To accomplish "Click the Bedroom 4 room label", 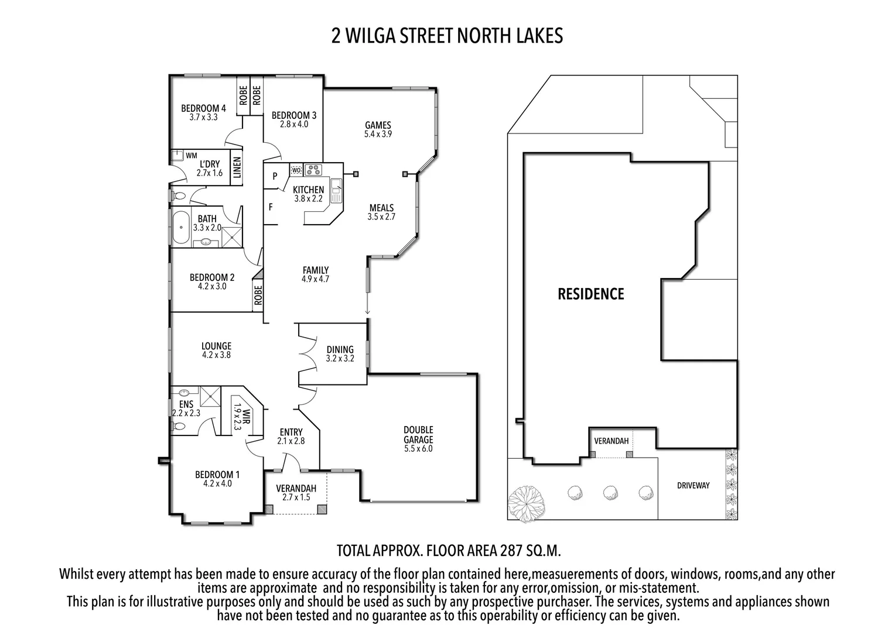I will click(203, 108).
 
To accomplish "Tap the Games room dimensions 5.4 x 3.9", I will click(378, 134).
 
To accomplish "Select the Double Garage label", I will click(418, 435).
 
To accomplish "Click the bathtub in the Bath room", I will click(180, 228).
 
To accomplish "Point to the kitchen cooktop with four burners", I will click(313, 170).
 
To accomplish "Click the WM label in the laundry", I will click(191, 156).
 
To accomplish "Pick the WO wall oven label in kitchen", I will click(296, 170).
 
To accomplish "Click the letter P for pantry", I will click(275, 176).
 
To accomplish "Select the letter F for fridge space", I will click(271, 207).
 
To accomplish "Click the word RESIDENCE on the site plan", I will click(590, 294).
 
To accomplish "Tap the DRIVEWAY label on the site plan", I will click(693, 486).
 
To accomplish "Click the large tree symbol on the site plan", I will click(524, 503).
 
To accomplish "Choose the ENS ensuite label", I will click(186, 404).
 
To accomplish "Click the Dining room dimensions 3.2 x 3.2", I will click(340, 359).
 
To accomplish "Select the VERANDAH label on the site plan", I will click(611, 441).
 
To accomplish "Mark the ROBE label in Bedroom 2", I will click(258, 294).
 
